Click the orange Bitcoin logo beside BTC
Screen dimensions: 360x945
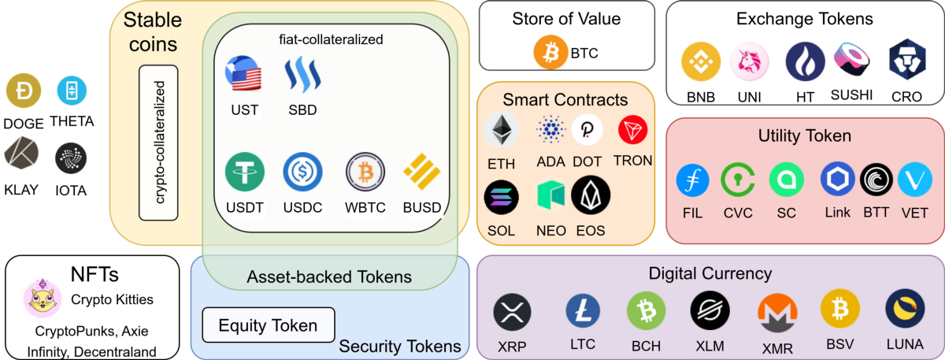coord(550,53)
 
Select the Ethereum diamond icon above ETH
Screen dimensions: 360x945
coord(501,131)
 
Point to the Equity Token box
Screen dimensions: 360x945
coord(268,325)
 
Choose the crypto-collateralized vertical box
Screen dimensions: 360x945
coord(158,142)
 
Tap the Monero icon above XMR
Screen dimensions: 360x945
coord(775,314)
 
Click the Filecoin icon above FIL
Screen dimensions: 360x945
coord(692,180)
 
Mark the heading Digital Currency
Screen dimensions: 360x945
coord(710,274)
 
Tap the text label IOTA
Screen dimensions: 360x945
coord(72,190)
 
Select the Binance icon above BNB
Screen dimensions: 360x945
coord(701,63)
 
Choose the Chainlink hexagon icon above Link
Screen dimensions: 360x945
coord(837,180)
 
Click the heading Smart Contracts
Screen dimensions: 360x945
coord(565,100)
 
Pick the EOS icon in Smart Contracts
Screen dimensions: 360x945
coord(590,195)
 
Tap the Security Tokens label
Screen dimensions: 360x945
coord(399,346)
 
